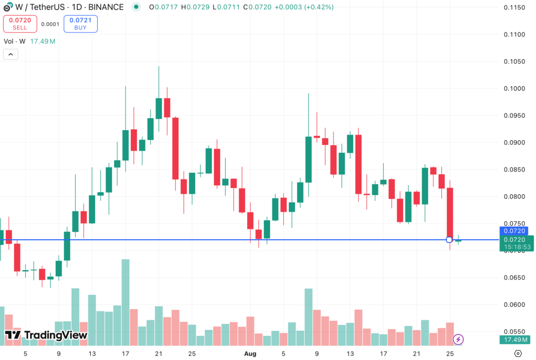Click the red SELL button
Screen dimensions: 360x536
[x=20, y=24]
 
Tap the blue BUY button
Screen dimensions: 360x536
[x=80, y=24]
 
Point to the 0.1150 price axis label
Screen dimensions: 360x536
[x=514, y=7]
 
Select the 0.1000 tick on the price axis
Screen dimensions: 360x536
[x=514, y=88]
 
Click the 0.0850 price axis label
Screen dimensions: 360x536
[x=514, y=170]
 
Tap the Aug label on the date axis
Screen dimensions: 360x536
[x=250, y=354]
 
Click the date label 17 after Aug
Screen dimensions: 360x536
[x=384, y=354]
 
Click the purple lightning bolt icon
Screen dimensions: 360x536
[x=458, y=340]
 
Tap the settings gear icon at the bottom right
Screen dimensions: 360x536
[x=518, y=354]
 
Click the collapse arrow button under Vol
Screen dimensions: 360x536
[x=10, y=54]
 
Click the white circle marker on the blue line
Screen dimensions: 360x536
[x=449, y=240]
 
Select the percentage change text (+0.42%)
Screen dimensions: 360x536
[x=316, y=7]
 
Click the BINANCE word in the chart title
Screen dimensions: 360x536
[x=106, y=7]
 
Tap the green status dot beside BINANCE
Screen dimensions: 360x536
[x=136, y=7]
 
